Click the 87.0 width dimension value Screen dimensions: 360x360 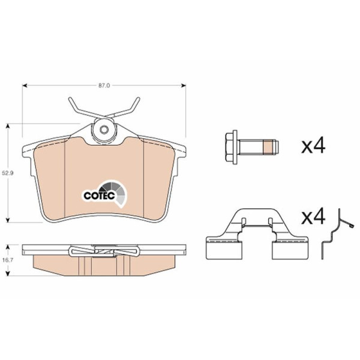tap(104, 86)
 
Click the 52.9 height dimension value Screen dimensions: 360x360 tap(8, 173)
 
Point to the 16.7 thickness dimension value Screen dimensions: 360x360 tap(8, 260)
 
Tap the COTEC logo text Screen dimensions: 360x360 tap(99, 196)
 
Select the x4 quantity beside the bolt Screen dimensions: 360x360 tap(313, 146)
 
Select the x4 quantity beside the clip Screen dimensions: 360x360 tap(313, 216)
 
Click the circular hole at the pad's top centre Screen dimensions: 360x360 tap(104, 130)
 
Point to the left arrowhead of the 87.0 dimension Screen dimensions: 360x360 tap(25, 86)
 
